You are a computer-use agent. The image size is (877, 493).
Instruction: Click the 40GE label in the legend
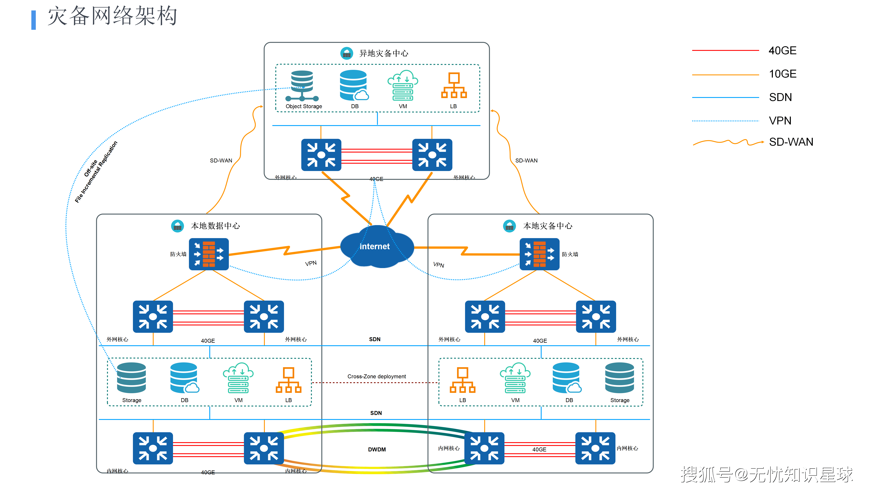pos(782,51)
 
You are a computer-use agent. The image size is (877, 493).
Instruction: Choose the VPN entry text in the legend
pos(780,121)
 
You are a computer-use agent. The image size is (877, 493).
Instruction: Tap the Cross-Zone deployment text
pos(376,376)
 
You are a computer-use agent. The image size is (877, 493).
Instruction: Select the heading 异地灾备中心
pos(384,53)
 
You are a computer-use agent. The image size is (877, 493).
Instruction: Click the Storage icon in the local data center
pos(131,378)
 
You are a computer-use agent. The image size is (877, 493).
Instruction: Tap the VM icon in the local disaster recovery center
pos(515,378)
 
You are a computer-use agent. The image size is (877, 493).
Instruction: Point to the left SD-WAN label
pos(221,161)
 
